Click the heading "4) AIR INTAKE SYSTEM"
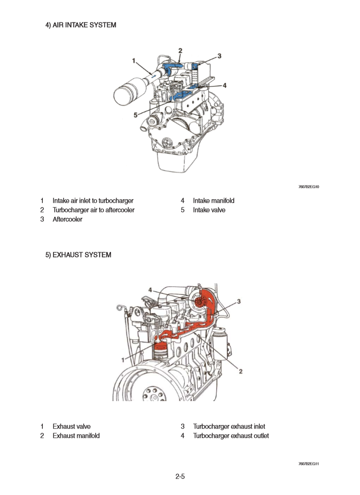80,25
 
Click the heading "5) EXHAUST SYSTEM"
78,255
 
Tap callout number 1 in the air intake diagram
134,61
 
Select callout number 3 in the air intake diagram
219,56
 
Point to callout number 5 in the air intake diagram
136,115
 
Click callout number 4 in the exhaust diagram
150,290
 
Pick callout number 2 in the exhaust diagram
241,370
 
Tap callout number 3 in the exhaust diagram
239,302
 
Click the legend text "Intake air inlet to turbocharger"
93,201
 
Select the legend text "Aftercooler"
67,219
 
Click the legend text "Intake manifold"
214,201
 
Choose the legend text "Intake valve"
209,210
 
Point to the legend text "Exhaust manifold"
76,436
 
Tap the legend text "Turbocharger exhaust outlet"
231,436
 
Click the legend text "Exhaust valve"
72,426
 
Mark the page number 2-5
180,476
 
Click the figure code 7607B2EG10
308,187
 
